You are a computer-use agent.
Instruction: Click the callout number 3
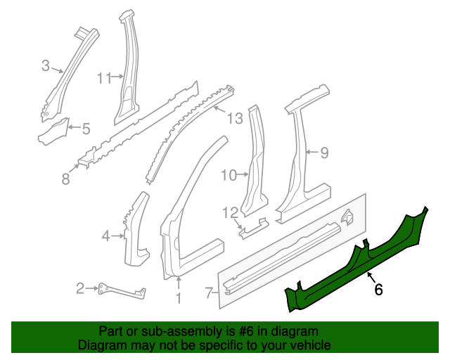(x=46, y=66)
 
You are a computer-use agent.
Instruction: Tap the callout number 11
(x=105, y=78)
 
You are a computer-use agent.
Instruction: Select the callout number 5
(x=86, y=129)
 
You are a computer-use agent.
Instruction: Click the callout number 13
(x=234, y=117)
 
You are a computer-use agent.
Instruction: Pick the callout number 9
(x=324, y=152)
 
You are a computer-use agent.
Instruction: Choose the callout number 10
(x=229, y=175)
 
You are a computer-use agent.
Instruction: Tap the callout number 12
(x=231, y=212)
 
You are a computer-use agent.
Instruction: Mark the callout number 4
(x=105, y=236)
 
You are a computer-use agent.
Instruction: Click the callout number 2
(x=81, y=288)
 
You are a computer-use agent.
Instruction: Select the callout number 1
(x=178, y=300)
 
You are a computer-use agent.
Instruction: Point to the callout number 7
(x=208, y=291)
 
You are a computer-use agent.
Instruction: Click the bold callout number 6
(x=378, y=289)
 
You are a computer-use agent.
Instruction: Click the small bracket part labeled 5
(x=53, y=131)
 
